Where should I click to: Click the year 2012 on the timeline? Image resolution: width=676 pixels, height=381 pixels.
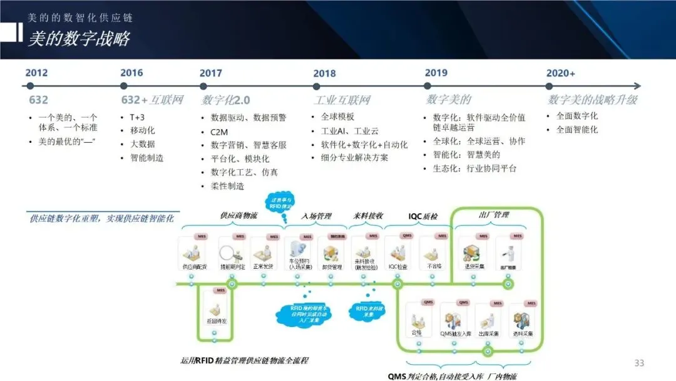tap(37, 73)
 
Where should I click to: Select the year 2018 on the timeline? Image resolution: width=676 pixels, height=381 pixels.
tap(324, 73)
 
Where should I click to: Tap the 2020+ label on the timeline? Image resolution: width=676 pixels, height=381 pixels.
tap(560, 73)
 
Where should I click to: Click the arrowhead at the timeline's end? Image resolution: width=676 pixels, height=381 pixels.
tap(637, 86)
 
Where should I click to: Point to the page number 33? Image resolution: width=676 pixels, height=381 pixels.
tap(639, 363)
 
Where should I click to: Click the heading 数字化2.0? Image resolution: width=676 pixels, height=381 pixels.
tap(226, 100)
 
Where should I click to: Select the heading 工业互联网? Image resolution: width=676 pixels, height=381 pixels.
tap(342, 100)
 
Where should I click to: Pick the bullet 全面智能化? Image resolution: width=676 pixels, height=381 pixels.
tap(577, 129)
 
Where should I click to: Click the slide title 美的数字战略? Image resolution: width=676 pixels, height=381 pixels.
tap(79, 39)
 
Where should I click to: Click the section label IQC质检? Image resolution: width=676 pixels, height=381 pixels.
tap(423, 216)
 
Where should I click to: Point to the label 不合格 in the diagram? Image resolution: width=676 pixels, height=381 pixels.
tap(434, 266)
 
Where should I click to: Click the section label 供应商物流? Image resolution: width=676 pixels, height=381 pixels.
tap(238, 216)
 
